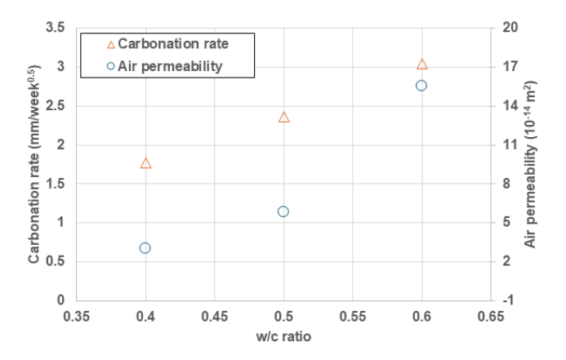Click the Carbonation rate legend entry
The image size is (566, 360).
pyautogui.click(x=168, y=44)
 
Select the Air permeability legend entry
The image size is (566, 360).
pyautogui.click(x=165, y=66)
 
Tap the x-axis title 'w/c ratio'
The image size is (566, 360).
pyautogui.click(x=283, y=336)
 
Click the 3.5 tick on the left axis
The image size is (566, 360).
pyautogui.click(x=56, y=28)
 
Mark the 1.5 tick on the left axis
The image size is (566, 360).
pyautogui.click(x=56, y=184)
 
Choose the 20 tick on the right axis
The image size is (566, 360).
pyautogui.click(x=510, y=28)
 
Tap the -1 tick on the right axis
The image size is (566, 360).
pyautogui.click(x=508, y=300)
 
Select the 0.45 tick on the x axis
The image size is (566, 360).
pyautogui.click(x=215, y=317)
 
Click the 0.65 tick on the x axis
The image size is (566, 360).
pyautogui.click(x=491, y=317)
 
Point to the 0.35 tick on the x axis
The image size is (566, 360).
pyautogui.click(x=77, y=317)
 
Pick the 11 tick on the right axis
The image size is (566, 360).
pyautogui.click(x=510, y=144)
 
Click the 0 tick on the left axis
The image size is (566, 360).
pyautogui.click(x=60, y=300)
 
